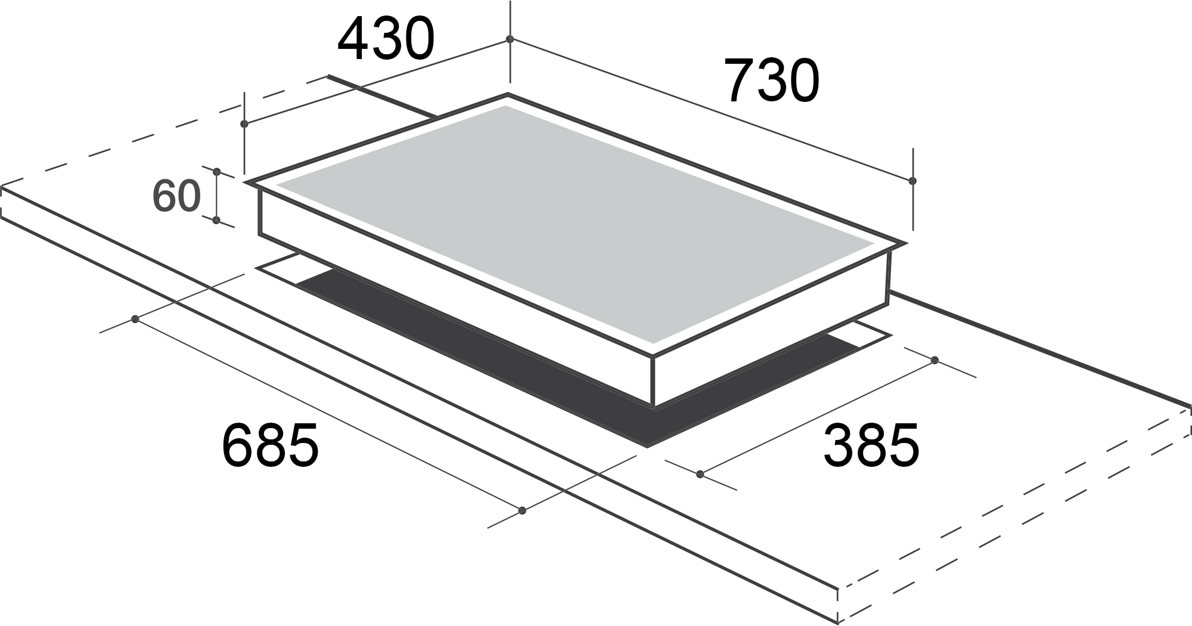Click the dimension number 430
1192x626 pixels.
(386, 40)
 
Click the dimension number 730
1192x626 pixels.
(772, 80)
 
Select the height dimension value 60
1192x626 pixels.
(176, 196)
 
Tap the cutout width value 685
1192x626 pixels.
(270, 445)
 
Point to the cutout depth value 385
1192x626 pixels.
(871, 445)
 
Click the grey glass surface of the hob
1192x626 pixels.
(566, 221)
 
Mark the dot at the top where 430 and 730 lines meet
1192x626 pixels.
(510, 39)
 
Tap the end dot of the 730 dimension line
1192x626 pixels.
(912, 180)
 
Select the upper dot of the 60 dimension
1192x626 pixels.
(217, 172)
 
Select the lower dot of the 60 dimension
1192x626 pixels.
(216, 221)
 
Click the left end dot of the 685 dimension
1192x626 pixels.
(135, 320)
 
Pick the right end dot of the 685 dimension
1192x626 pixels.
(523, 510)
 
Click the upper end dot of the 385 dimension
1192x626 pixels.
(935, 360)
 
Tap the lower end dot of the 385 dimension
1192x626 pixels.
(700, 474)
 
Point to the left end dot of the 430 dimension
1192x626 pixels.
(244, 124)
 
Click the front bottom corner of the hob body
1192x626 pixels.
(655, 407)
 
